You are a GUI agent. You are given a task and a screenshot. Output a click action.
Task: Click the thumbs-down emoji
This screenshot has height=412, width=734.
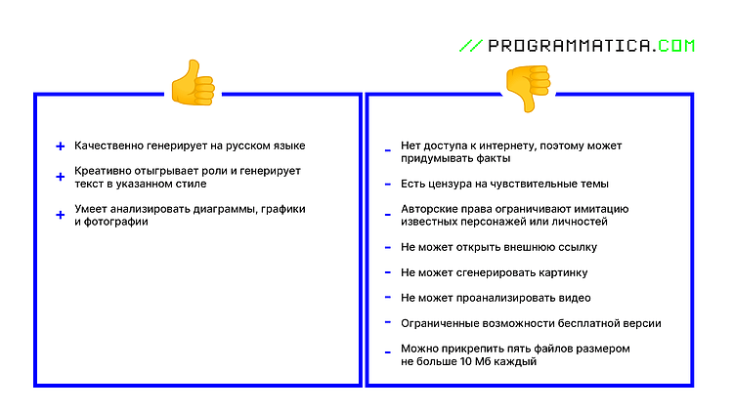pyautogui.click(x=528, y=87)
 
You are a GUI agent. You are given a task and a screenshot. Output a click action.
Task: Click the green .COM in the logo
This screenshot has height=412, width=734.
pyautogui.click(x=675, y=45)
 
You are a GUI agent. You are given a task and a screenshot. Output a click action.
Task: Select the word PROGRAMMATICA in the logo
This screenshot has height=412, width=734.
pyautogui.click(x=570, y=45)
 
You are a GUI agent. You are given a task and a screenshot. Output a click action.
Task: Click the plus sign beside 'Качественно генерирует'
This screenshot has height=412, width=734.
pyautogui.click(x=61, y=146)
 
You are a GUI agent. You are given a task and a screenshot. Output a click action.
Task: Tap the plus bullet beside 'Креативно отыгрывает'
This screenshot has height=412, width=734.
pyautogui.click(x=61, y=177)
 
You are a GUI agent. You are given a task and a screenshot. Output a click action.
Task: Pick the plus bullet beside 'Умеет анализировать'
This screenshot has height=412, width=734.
pyautogui.click(x=61, y=215)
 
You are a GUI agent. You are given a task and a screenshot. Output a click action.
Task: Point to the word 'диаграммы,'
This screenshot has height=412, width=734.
pyautogui.click(x=229, y=209)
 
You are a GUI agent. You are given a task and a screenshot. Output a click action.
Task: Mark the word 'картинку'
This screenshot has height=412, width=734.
pyautogui.click(x=563, y=272)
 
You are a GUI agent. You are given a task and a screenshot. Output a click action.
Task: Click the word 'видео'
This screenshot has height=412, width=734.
pyautogui.click(x=574, y=298)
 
